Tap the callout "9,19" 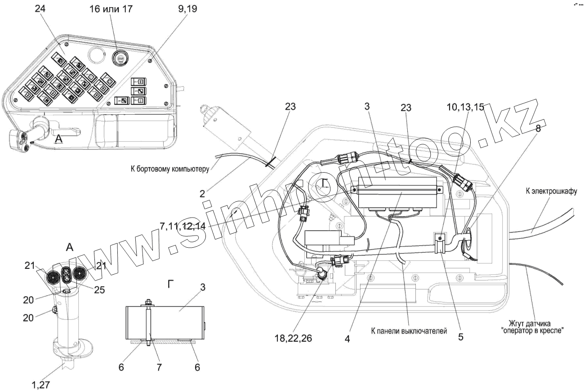pos(188,9)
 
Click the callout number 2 pos(202,194)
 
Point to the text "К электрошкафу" pos(551,192)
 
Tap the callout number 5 pos(460,336)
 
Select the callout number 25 pos(99,290)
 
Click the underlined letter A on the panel pos(59,139)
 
